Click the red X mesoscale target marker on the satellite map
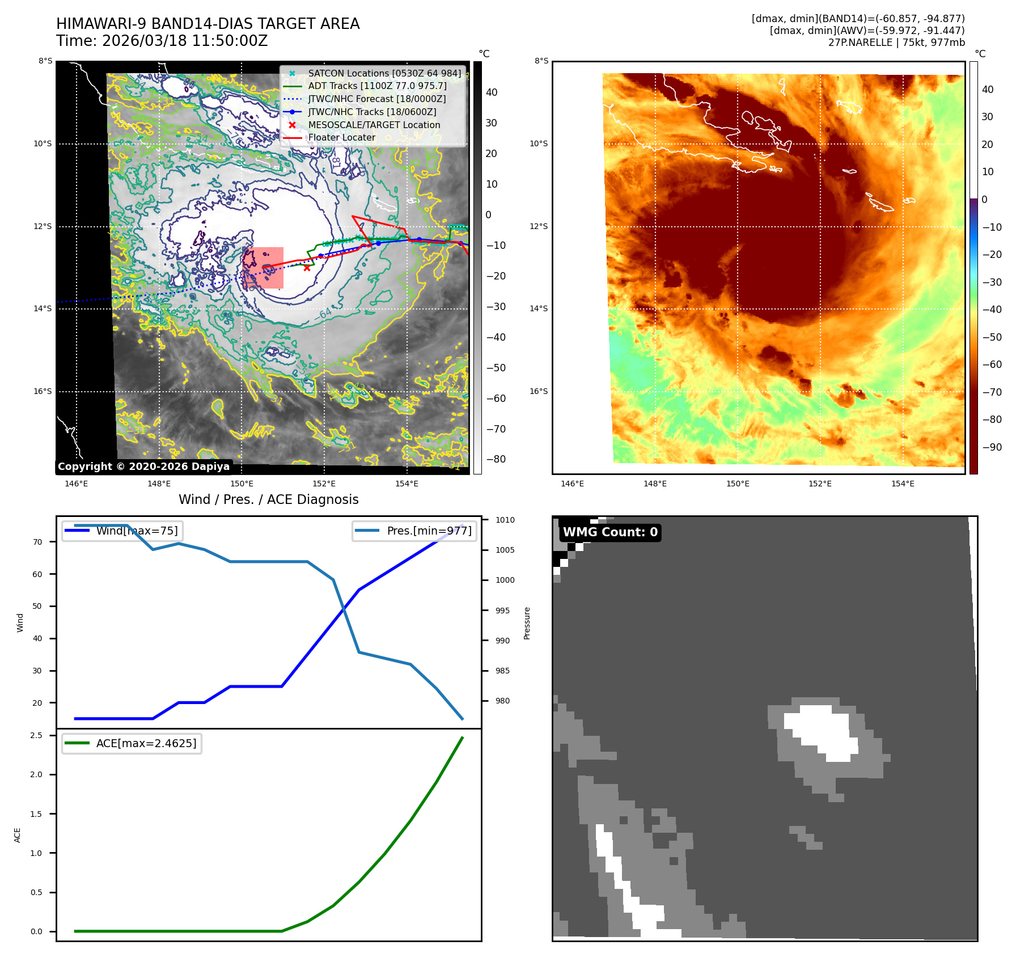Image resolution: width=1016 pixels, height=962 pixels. [x=307, y=268]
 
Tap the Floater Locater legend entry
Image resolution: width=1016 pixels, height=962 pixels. [x=341, y=138]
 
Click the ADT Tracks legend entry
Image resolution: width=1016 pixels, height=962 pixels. [x=377, y=86]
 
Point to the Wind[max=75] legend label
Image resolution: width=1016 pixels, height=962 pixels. [x=137, y=531]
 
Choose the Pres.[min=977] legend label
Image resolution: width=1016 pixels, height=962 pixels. [x=429, y=531]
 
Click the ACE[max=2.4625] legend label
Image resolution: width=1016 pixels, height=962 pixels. [x=146, y=744]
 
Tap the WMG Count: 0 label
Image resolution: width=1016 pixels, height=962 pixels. [x=610, y=532]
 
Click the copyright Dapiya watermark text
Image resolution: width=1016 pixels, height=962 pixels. [x=143, y=467]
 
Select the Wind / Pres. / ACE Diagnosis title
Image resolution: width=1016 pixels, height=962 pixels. [x=268, y=499]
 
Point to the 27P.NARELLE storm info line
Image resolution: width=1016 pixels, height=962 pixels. [x=896, y=43]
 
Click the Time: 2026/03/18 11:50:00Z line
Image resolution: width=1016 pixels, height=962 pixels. [x=162, y=41]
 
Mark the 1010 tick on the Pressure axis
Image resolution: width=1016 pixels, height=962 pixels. [x=505, y=520]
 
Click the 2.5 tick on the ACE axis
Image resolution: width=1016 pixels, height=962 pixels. [x=36, y=736]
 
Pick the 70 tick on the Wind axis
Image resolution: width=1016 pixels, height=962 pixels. [x=37, y=542]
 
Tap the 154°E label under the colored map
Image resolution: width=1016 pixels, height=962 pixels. [x=903, y=484]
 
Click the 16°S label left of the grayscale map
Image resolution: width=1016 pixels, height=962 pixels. [x=43, y=392]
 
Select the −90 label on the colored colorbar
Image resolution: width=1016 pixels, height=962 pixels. [x=992, y=447]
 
